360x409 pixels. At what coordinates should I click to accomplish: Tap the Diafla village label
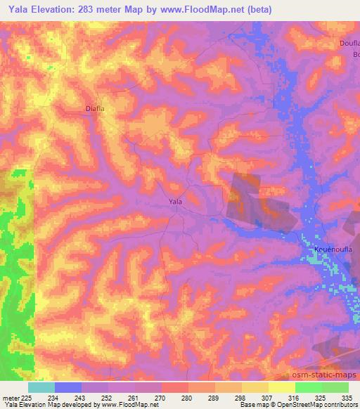coord(95,109)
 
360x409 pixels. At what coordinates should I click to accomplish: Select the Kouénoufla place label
coord(332,249)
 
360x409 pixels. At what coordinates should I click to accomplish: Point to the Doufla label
coord(349,44)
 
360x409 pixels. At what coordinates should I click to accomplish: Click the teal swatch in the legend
coord(41,387)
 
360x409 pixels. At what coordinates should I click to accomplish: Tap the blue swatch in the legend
coord(68,387)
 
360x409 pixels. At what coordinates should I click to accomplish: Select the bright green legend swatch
coord(309,387)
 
